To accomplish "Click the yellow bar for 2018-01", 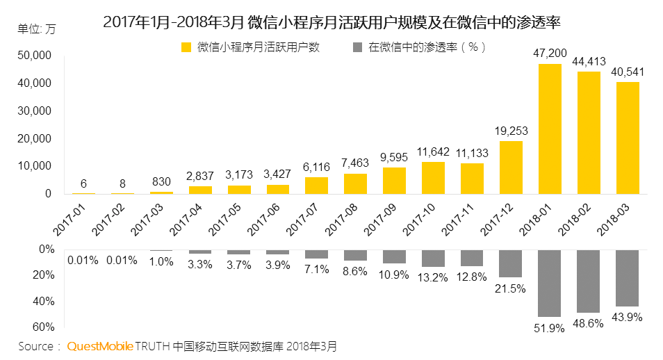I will click(x=550, y=129).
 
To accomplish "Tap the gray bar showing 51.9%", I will click(x=550, y=283).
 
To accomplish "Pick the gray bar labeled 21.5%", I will click(x=511, y=263).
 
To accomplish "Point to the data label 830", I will click(x=161, y=181).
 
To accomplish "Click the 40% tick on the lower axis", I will click(x=44, y=301).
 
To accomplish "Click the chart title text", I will click(x=331, y=22).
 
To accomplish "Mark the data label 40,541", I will click(x=628, y=72).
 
